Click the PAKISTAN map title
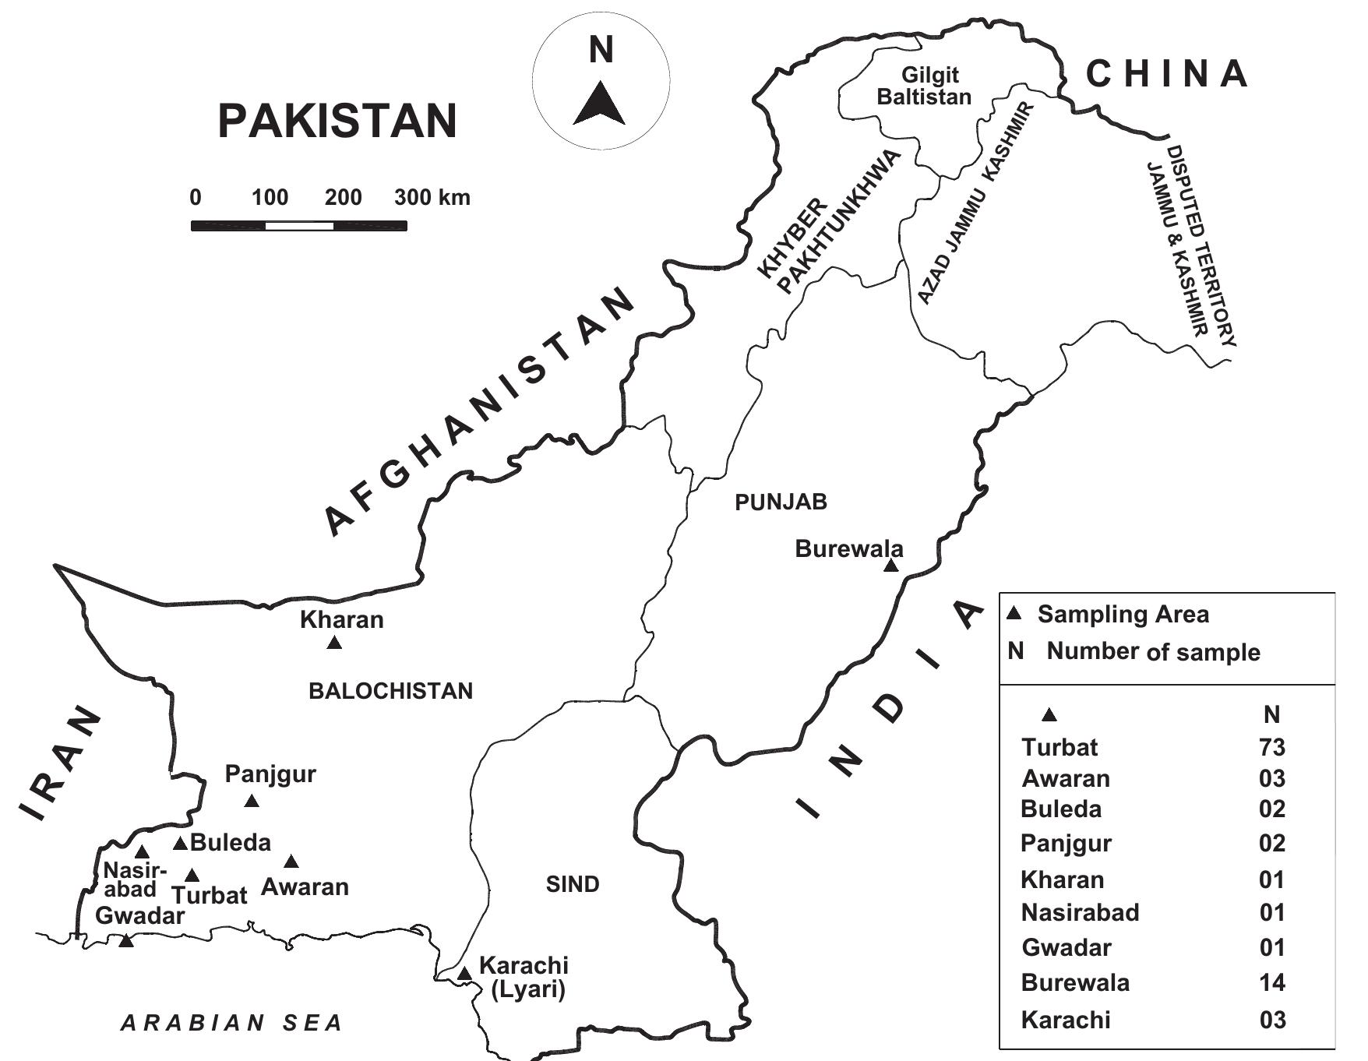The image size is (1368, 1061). click(337, 122)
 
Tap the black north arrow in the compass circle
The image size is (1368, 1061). click(599, 105)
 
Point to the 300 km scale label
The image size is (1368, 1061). click(432, 197)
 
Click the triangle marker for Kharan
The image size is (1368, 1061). click(334, 643)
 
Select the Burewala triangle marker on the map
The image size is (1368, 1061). click(891, 566)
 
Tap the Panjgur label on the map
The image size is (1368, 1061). click(270, 774)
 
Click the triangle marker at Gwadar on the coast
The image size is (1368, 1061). click(126, 941)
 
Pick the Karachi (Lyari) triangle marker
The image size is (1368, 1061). click(464, 974)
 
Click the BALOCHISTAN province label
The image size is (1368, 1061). click(390, 691)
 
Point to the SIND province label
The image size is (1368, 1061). click(573, 884)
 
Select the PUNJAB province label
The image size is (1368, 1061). click(781, 502)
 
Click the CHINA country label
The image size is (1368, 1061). click(1167, 74)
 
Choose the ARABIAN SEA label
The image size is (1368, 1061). click(232, 1023)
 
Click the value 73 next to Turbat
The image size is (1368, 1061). click(1271, 747)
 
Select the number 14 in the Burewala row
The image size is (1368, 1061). click(1271, 982)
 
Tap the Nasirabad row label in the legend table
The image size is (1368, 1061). click(1080, 912)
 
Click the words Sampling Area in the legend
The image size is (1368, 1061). click(1123, 615)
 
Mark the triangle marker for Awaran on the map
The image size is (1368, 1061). click(291, 862)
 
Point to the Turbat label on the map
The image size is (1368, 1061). click(210, 896)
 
